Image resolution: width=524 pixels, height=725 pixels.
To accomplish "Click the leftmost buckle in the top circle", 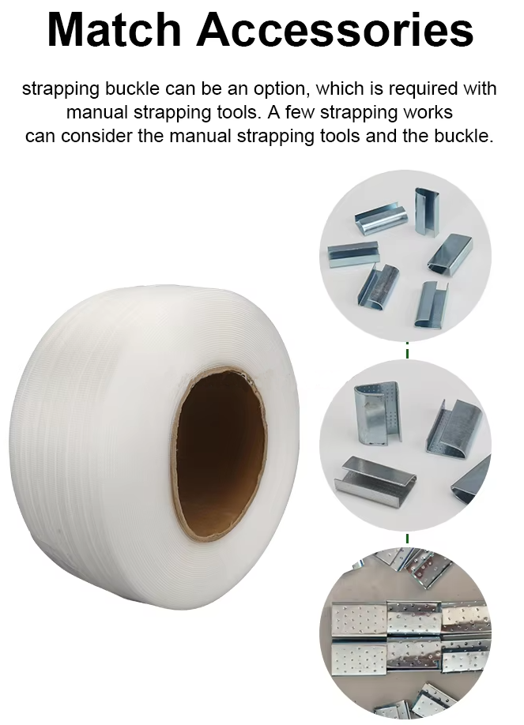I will [x=353, y=254].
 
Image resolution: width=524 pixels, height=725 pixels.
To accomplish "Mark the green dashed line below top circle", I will [x=407, y=351].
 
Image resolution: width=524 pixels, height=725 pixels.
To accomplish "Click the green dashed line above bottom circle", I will [x=407, y=538].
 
